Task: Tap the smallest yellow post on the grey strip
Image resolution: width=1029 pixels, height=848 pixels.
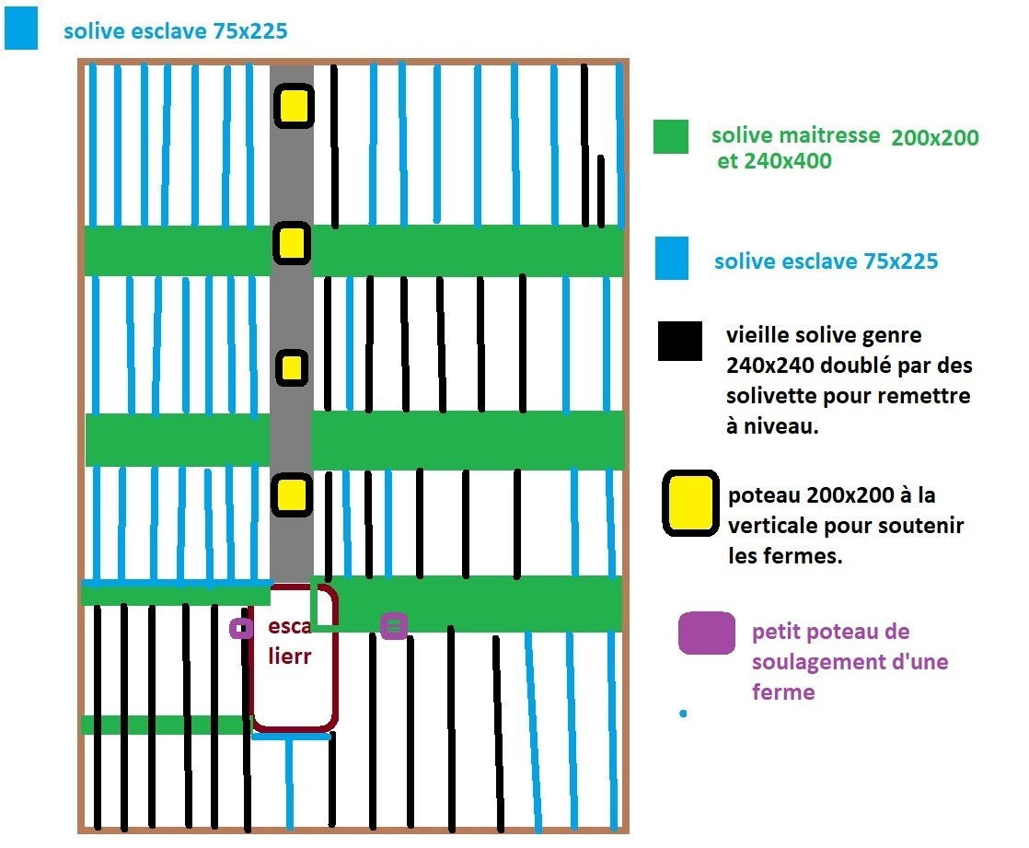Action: (292, 367)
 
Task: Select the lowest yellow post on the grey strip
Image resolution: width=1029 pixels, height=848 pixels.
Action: (292, 494)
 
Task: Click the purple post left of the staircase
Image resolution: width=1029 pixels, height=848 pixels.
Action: (241, 629)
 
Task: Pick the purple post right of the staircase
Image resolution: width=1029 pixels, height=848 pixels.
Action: (394, 626)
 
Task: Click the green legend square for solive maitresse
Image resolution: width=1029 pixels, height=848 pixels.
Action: (671, 136)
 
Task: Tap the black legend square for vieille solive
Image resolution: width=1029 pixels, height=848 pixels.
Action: (680, 341)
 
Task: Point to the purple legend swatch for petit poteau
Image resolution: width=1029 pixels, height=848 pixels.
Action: (707, 633)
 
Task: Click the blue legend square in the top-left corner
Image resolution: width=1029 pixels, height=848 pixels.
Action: (21, 29)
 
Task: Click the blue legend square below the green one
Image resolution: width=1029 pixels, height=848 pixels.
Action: (672, 258)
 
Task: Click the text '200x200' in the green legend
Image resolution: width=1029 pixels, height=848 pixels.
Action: (934, 138)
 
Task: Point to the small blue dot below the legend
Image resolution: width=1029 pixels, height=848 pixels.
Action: (682, 714)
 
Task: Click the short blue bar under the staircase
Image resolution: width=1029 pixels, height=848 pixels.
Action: (291, 736)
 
